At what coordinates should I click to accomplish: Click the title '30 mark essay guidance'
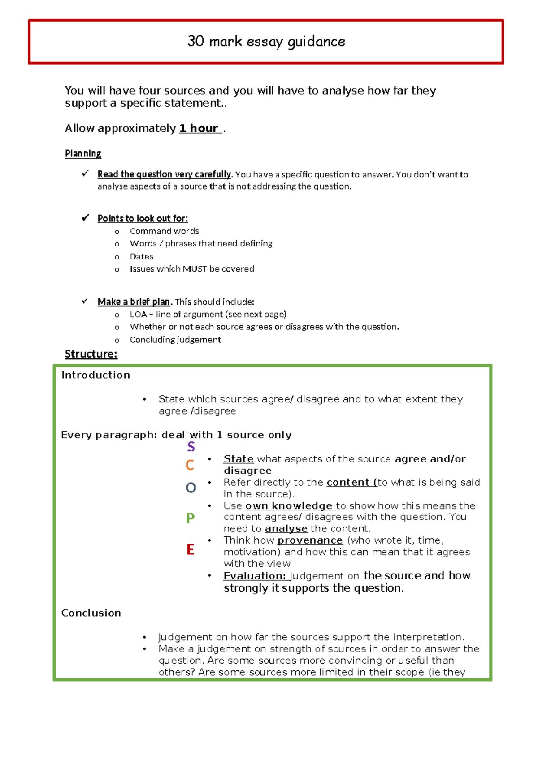pos(266,42)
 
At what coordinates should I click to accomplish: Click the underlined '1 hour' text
pos(199,129)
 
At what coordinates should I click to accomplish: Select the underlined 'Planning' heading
pos(83,154)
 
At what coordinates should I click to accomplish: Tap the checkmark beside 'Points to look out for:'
pos(85,218)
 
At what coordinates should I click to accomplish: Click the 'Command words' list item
pos(164,231)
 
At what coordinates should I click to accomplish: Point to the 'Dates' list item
pos(141,257)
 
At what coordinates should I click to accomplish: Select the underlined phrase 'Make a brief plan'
pos(134,302)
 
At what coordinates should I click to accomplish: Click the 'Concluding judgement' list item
pos(175,340)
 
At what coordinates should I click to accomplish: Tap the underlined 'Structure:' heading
pos(91,354)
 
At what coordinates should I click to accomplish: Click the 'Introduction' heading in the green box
pos(95,375)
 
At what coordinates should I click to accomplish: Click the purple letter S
pos(191,447)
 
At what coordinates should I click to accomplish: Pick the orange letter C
pos(190,465)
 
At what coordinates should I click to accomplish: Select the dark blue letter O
pos(191,488)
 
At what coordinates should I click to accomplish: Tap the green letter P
pos(190,518)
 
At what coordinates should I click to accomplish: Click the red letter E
pos(190,550)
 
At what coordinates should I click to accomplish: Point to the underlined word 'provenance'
pos(310,540)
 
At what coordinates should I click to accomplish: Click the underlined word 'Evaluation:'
pos(254,576)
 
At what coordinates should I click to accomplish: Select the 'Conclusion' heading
pos(91,613)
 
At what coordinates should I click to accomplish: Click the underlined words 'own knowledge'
pos(289,506)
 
